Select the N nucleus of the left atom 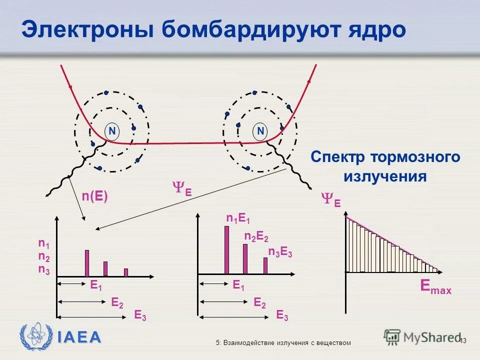(x=112, y=131)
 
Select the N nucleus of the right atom (x=260, y=131)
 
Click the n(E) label (x=95, y=196)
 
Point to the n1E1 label (x=238, y=218)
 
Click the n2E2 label (x=256, y=236)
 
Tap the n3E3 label (x=280, y=252)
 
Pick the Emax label (x=435, y=287)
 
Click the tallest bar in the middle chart (x=226, y=250)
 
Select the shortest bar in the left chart (x=126, y=272)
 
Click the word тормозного (x=414, y=157)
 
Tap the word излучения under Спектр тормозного (x=384, y=176)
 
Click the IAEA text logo (x=78, y=337)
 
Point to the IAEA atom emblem (x=35, y=336)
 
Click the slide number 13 (x=462, y=340)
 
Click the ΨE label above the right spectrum (x=330, y=200)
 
